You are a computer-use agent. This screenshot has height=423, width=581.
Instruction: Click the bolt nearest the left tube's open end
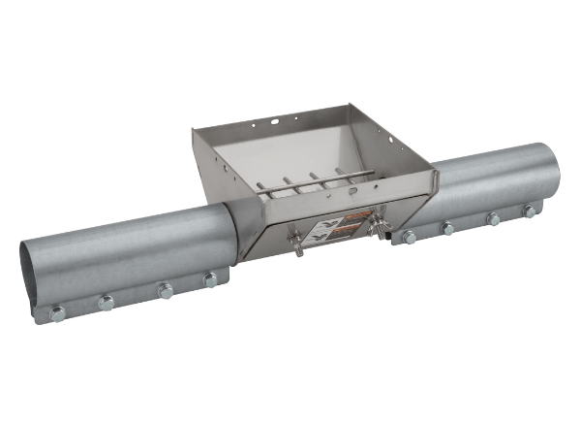(x=57, y=313)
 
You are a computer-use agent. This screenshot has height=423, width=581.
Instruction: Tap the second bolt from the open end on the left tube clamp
(x=106, y=303)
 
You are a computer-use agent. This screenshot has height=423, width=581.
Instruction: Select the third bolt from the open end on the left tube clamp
(x=165, y=290)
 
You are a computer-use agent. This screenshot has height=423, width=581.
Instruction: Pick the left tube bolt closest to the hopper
(x=210, y=280)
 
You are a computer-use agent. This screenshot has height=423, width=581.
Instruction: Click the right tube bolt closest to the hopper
(x=410, y=237)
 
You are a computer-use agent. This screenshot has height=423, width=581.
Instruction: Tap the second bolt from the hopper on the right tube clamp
(x=447, y=228)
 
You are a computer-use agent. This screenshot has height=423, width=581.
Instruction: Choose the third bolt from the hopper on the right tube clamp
(x=493, y=219)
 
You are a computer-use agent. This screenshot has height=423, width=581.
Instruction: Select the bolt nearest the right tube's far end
(x=530, y=211)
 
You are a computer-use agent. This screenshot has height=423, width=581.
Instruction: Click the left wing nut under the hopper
(x=298, y=247)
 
